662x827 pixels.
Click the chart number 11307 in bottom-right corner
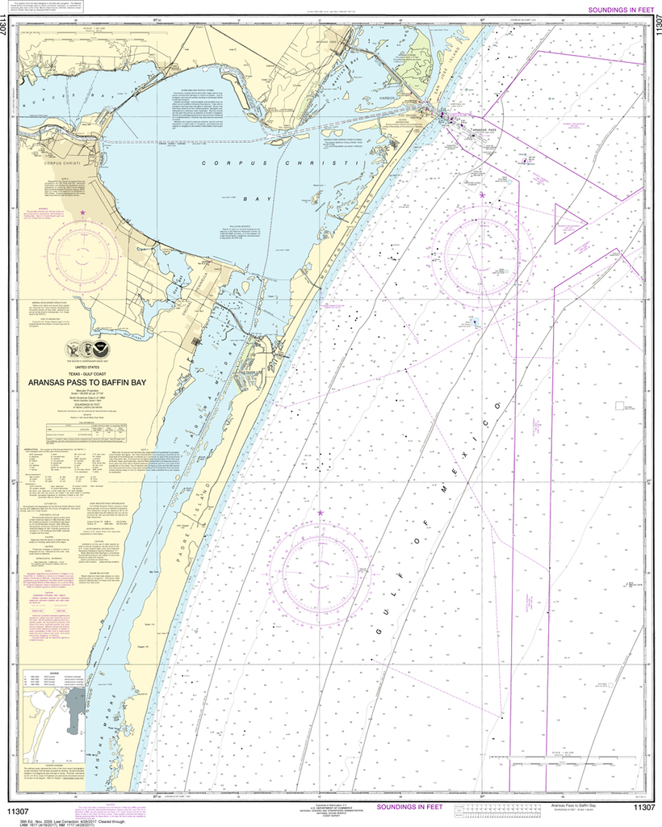click(643, 807)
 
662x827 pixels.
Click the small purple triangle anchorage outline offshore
click(572, 216)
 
